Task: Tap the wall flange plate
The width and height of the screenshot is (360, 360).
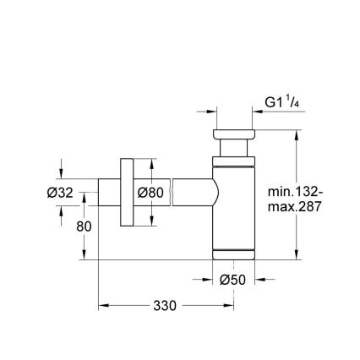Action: click(x=128, y=193)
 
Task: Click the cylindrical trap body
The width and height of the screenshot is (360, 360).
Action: click(x=233, y=207)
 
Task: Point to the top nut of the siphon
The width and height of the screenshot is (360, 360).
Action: click(x=232, y=137)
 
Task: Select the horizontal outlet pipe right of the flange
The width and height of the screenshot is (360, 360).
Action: click(x=190, y=193)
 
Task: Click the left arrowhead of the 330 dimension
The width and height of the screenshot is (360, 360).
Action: click(x=103, y=306)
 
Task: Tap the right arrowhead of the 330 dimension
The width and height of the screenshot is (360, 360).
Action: click(x=229, y=306)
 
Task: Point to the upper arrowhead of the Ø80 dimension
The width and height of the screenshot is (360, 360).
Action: click(x=151, y=162)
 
